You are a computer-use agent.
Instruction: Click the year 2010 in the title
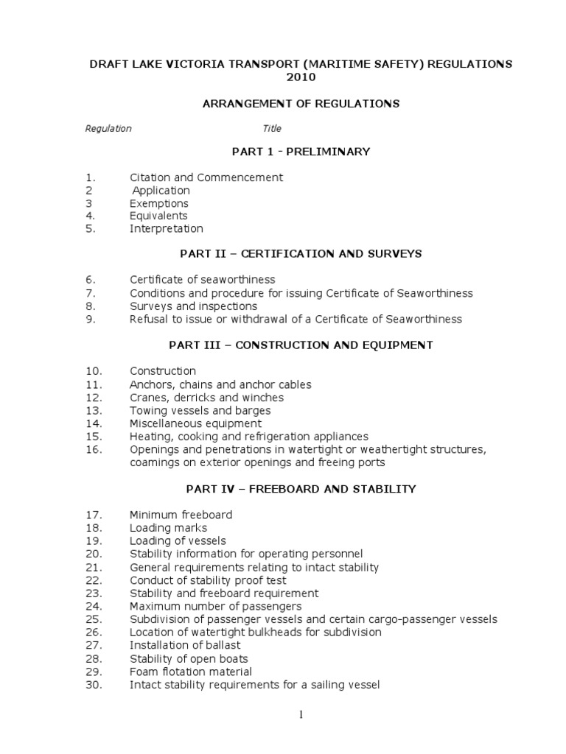[301, 77]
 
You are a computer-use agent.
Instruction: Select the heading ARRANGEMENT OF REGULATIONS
[301, 104]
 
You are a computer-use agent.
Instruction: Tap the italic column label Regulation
[108, 129]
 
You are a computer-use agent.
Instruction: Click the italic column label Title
[272, 129]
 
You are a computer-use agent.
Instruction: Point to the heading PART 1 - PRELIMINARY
[301, 152]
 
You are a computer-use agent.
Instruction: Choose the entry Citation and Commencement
[206, 177]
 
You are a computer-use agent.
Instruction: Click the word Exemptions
[159, 203]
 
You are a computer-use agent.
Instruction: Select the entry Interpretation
[167, 229]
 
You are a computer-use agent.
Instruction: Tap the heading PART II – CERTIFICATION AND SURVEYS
[301, 253]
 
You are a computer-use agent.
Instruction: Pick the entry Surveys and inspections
[194, 306]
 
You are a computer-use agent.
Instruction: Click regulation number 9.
[91, 320]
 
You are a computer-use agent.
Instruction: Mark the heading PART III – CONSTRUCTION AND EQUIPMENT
[301, 345]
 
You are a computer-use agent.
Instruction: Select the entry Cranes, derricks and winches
[207, 398]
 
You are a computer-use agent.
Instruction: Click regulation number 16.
[94, 449]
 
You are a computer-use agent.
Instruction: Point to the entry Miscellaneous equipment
[195, 423]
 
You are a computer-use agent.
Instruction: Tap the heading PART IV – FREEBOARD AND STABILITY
[301, 489]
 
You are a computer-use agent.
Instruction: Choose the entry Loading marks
[169, 528]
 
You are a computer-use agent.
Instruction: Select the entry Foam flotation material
[191, 672]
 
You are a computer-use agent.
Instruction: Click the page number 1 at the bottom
[301, 714]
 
